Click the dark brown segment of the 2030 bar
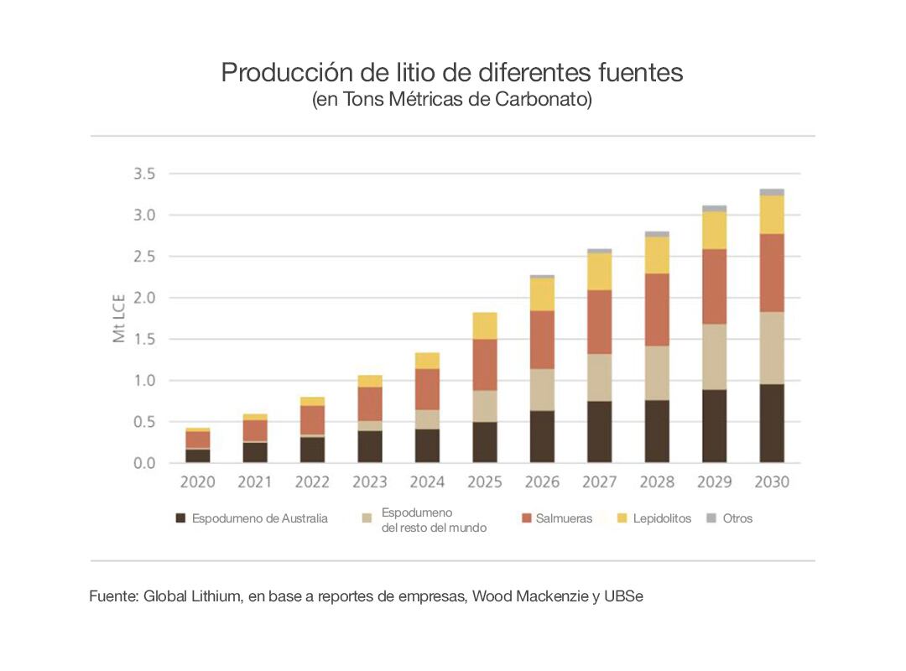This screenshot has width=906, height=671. coord(772,424)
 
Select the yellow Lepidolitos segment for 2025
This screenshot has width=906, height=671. coord(485,325)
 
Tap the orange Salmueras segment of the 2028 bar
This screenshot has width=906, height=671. coord(657,309)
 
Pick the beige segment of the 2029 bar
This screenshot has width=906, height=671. coord(715,356)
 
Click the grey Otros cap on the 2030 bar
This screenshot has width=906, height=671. coord(772,192)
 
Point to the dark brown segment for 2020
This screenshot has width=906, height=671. coord(198,455)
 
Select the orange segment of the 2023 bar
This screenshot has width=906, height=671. coord(370,403)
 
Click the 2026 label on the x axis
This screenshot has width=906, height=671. coord(542,482)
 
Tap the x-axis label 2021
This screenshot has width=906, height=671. coord(255,482)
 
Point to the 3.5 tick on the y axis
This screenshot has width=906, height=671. coord(144,174)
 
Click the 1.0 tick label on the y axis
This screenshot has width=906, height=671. coord(144,381)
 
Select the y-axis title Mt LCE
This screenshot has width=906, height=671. coord(118,319)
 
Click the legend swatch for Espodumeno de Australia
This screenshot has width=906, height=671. coord(180,518)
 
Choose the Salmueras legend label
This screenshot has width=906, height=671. coord(565,518)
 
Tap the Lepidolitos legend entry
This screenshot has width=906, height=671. coord(662,518)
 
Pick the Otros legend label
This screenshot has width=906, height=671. coord(737,518)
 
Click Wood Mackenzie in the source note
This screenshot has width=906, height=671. coord(531,597)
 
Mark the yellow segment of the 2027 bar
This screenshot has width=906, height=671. coord(600,271)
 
